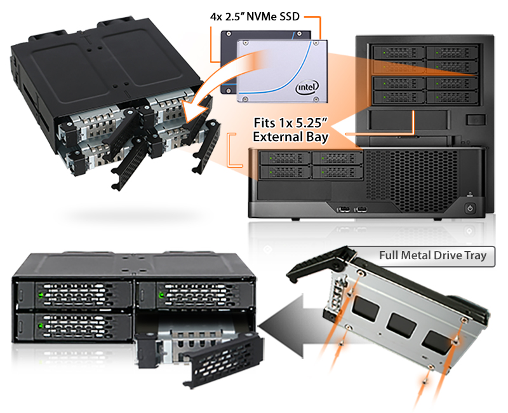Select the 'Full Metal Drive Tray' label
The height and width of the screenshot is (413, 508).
coord(432,256)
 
